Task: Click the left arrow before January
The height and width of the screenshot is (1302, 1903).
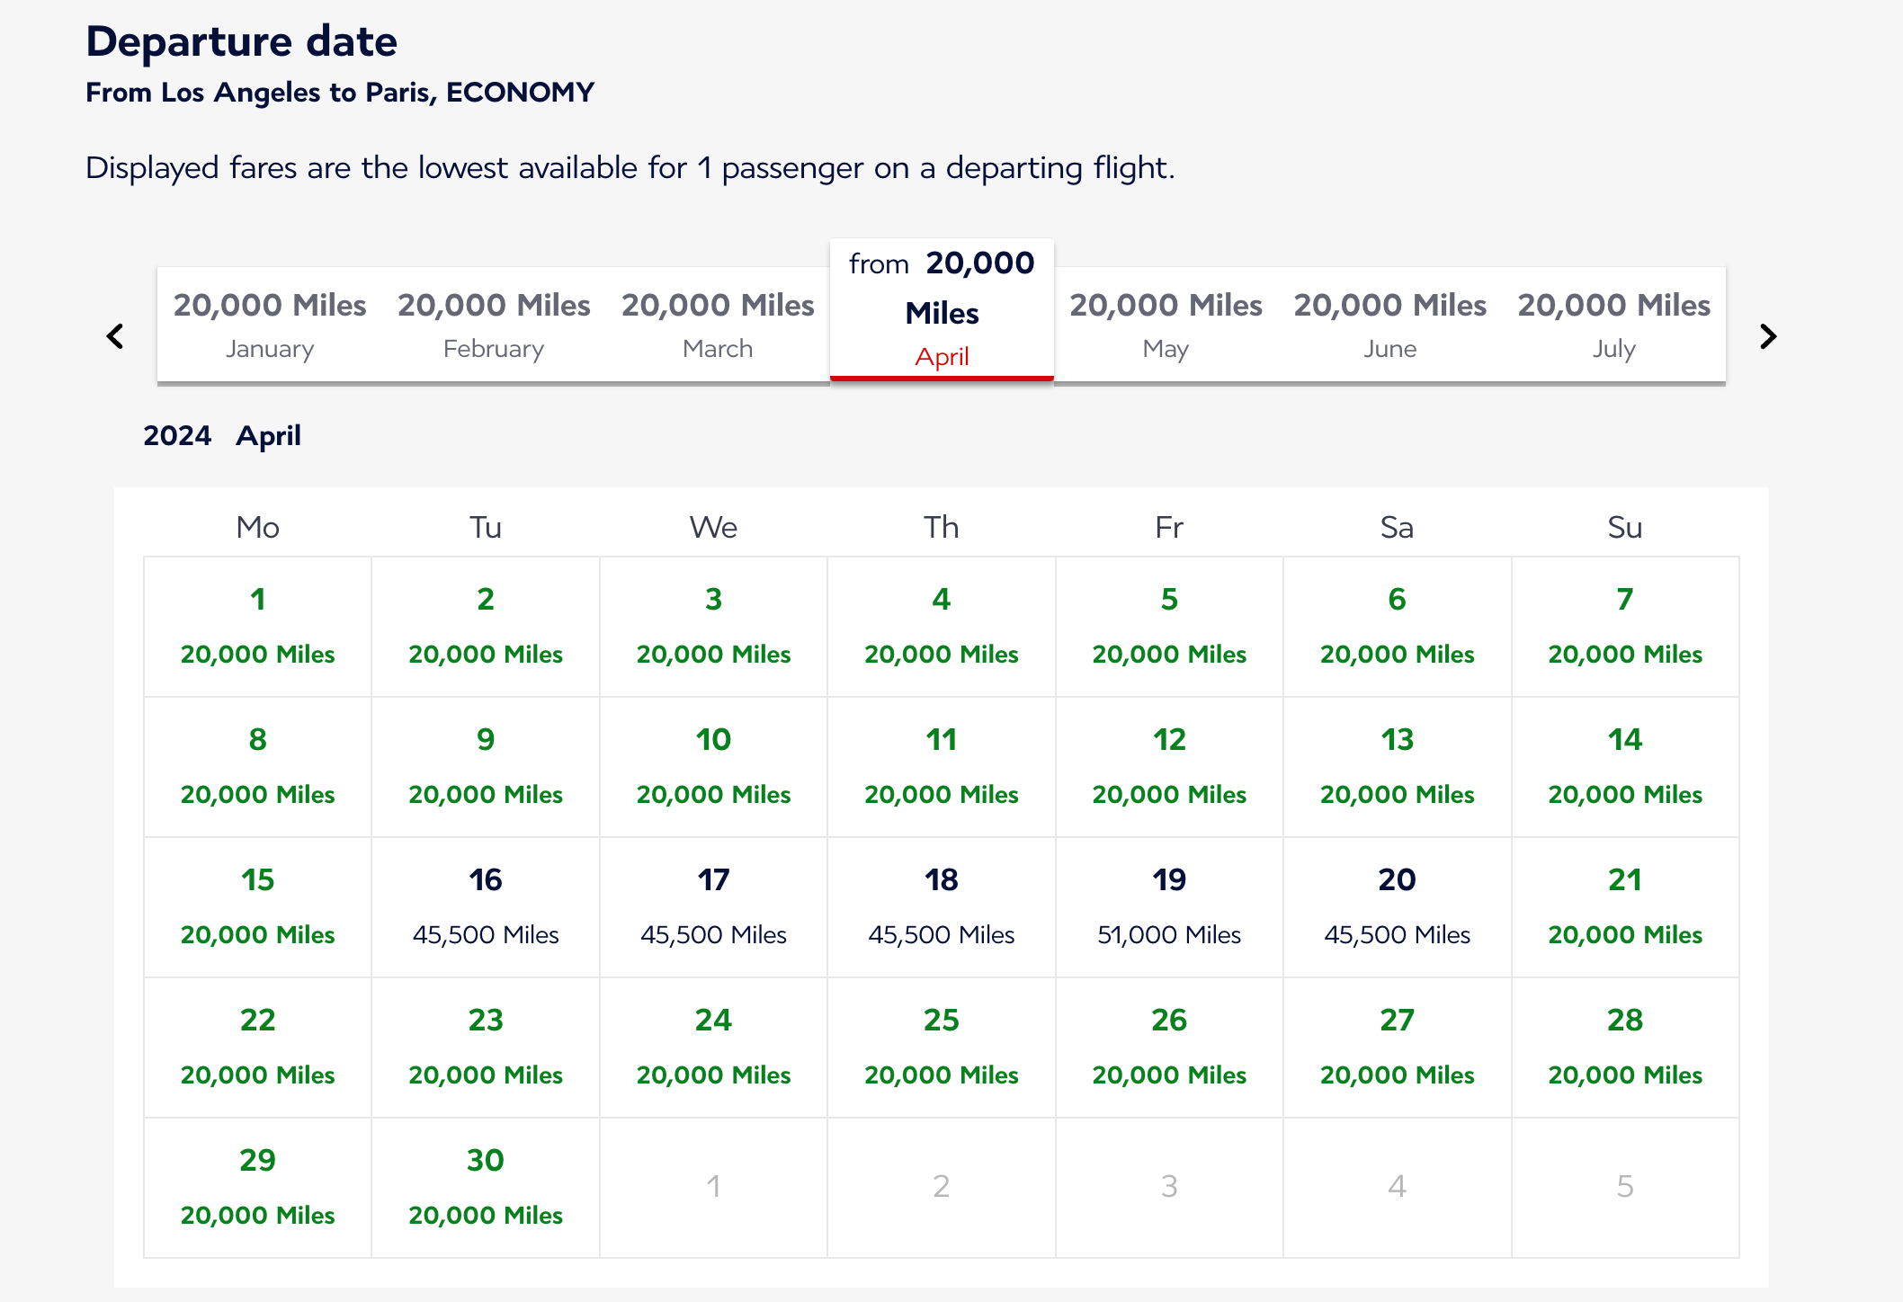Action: tap(115, 336)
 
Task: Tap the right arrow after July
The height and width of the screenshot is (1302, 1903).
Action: tap(1767, 336)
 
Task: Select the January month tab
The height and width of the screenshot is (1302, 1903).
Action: tap(270, 325)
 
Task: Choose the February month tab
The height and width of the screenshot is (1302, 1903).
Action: tap(494, 325)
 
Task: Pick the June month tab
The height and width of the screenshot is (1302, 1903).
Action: tap(1389, 325)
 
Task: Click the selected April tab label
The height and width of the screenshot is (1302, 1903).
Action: tap(942, 357)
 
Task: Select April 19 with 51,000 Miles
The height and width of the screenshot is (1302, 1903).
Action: tap(1169, 906)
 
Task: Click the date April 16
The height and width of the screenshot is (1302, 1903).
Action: tap(486, 906)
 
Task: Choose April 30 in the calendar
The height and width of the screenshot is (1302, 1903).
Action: tap(486, 1187)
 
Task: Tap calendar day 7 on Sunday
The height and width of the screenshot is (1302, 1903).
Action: tap(1624, 626)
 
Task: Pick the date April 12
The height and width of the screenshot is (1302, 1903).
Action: tap(1169, 766)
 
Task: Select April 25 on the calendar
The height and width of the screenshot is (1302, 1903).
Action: tap(942, 1047)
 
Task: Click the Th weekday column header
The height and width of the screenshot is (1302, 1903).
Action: tap(942, 527)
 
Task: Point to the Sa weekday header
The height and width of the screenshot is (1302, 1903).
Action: tap(1397, 527)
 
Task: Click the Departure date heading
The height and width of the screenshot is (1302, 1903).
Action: tap(242, 42)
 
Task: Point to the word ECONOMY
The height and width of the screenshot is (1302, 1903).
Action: tap(520, 93)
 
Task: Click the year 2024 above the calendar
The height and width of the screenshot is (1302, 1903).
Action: tap(177, 436)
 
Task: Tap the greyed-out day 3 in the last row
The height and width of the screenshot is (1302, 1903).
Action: tap(1169, 1187)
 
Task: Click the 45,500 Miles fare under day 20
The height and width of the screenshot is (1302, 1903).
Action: tap(1397, 935)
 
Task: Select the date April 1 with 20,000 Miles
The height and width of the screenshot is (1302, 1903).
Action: tap(258, 626)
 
